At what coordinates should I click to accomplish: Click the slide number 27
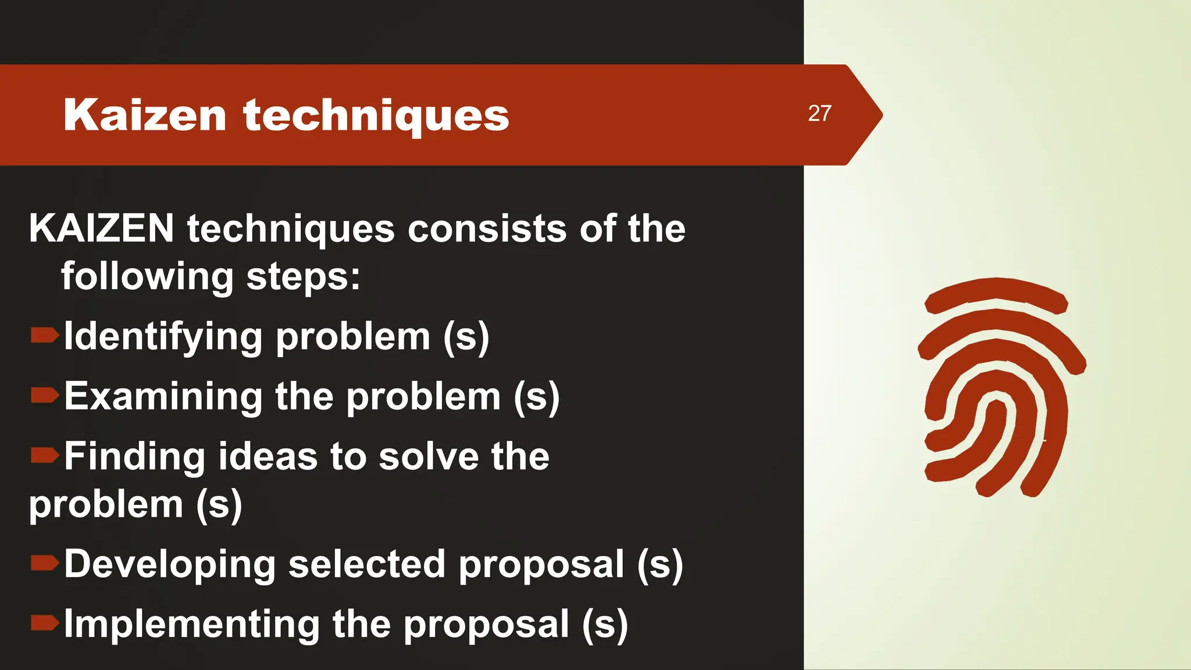point(819,113)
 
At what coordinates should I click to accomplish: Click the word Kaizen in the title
point(145,115)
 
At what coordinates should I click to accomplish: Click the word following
point(147,277)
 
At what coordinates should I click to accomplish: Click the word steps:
point(303,277)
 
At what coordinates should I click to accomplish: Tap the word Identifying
point(163,337)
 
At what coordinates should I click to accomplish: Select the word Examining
point(163,397)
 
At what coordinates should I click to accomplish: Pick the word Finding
point(134,456)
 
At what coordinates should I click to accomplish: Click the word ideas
point(268,456)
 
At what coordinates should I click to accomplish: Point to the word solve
point(429,456)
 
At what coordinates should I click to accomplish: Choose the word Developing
point(170,565)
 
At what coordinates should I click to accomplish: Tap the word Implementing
point(191,625)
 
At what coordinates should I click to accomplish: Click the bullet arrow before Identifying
point(44,335)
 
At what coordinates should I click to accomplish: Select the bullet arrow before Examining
point(44,395)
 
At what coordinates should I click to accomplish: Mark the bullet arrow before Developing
point(44,562)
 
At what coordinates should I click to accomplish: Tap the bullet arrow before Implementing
point(44,623)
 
